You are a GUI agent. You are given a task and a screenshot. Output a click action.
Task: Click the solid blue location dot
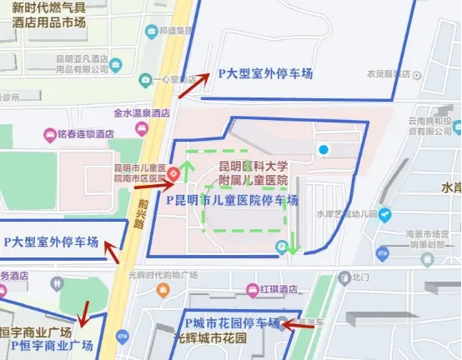[324, 149]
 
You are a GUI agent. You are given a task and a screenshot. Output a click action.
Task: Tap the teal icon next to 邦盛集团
[151, 32]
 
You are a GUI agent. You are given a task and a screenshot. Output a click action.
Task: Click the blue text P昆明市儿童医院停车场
[226, 201]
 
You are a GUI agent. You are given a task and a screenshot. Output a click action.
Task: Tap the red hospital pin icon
[173, 173]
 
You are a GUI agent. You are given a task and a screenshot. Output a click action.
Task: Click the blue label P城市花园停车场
[232, 323]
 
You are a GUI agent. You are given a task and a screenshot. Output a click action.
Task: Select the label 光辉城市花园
[210, 339]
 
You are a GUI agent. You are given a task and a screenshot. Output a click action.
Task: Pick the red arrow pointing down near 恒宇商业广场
[82, 315]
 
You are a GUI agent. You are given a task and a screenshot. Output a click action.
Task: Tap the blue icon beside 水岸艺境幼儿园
[384, 215]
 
